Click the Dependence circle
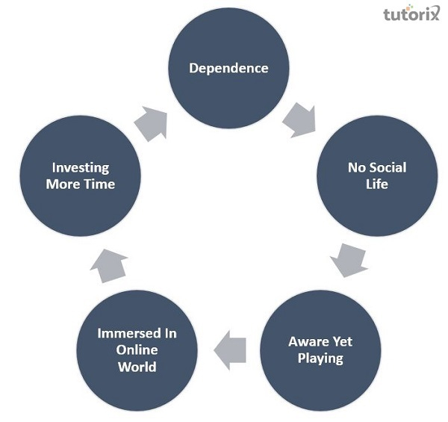pos(228,69)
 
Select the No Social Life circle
pos(377,175)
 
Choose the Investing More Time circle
pos(79,175)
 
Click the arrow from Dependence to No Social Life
pos(300,120)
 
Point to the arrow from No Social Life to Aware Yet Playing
pos(348,258)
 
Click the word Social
pos(389,167)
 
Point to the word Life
pos(377,183)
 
